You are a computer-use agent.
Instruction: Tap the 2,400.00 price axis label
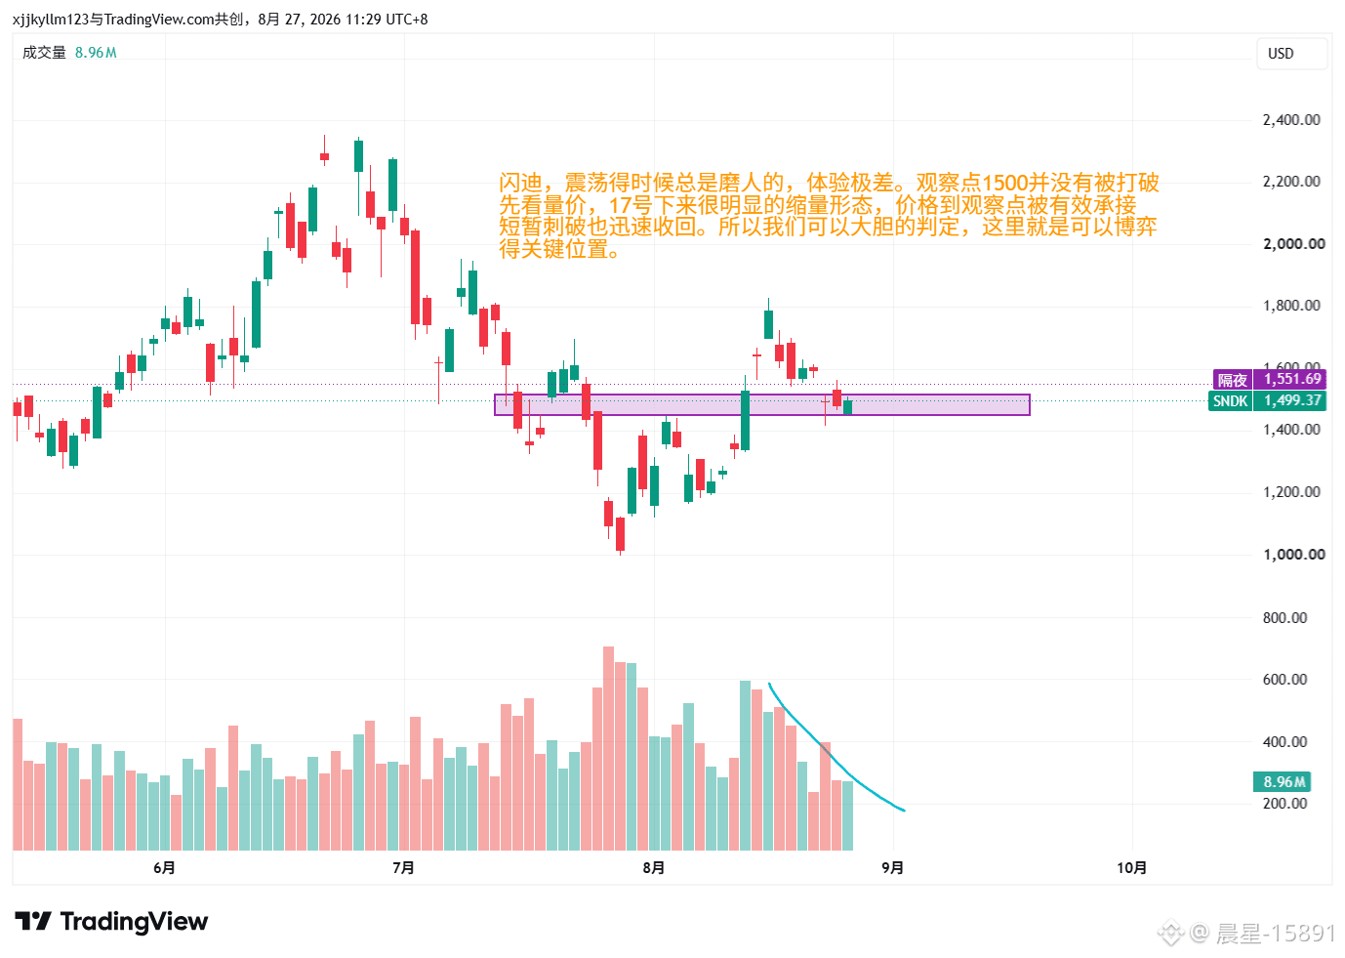click(x=1291, y=120)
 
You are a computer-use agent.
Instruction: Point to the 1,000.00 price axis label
click(x=1294, y=555)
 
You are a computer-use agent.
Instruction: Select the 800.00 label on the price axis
click(x=1284, y=617)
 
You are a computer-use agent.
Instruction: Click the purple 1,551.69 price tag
click(x=1292, y=379)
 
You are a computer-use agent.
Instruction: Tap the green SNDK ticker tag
click(x=1231, y=400)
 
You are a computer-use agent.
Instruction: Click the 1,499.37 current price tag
click(x=1292, y=400)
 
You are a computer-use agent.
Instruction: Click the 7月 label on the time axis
click(x=403, y=868)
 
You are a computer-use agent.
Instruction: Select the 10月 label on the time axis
click(x=1132, y=868)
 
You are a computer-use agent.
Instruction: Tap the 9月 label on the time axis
click(x=893, y=868)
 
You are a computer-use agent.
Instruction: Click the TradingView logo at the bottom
click(x=111, y=921)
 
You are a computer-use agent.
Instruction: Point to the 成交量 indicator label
click(x=44, y=53)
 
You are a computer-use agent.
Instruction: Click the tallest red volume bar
click(x=608, y=748)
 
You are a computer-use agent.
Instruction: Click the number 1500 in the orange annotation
click(x=1004, y=183)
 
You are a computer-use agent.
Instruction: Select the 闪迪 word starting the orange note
click(x=520, y=183)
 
